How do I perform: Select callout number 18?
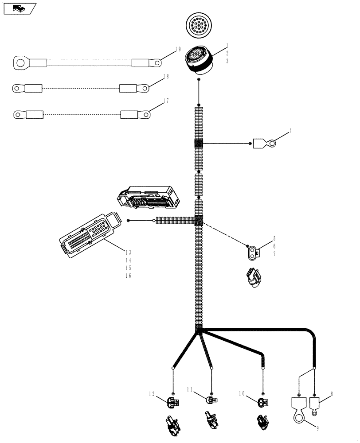[x=166, y=77]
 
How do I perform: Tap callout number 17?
[x=166, y=101]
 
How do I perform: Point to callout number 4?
[x=290, y=131]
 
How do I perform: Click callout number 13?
[x=129, y=252]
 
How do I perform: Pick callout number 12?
[x=152, y=393]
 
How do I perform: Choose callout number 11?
[x=189, y=390]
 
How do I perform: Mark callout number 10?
[x=242, y=393]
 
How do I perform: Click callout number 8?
[x=331, y=393]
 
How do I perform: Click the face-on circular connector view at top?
[x=198, y=25]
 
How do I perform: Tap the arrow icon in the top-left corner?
[x=19, y=8]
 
